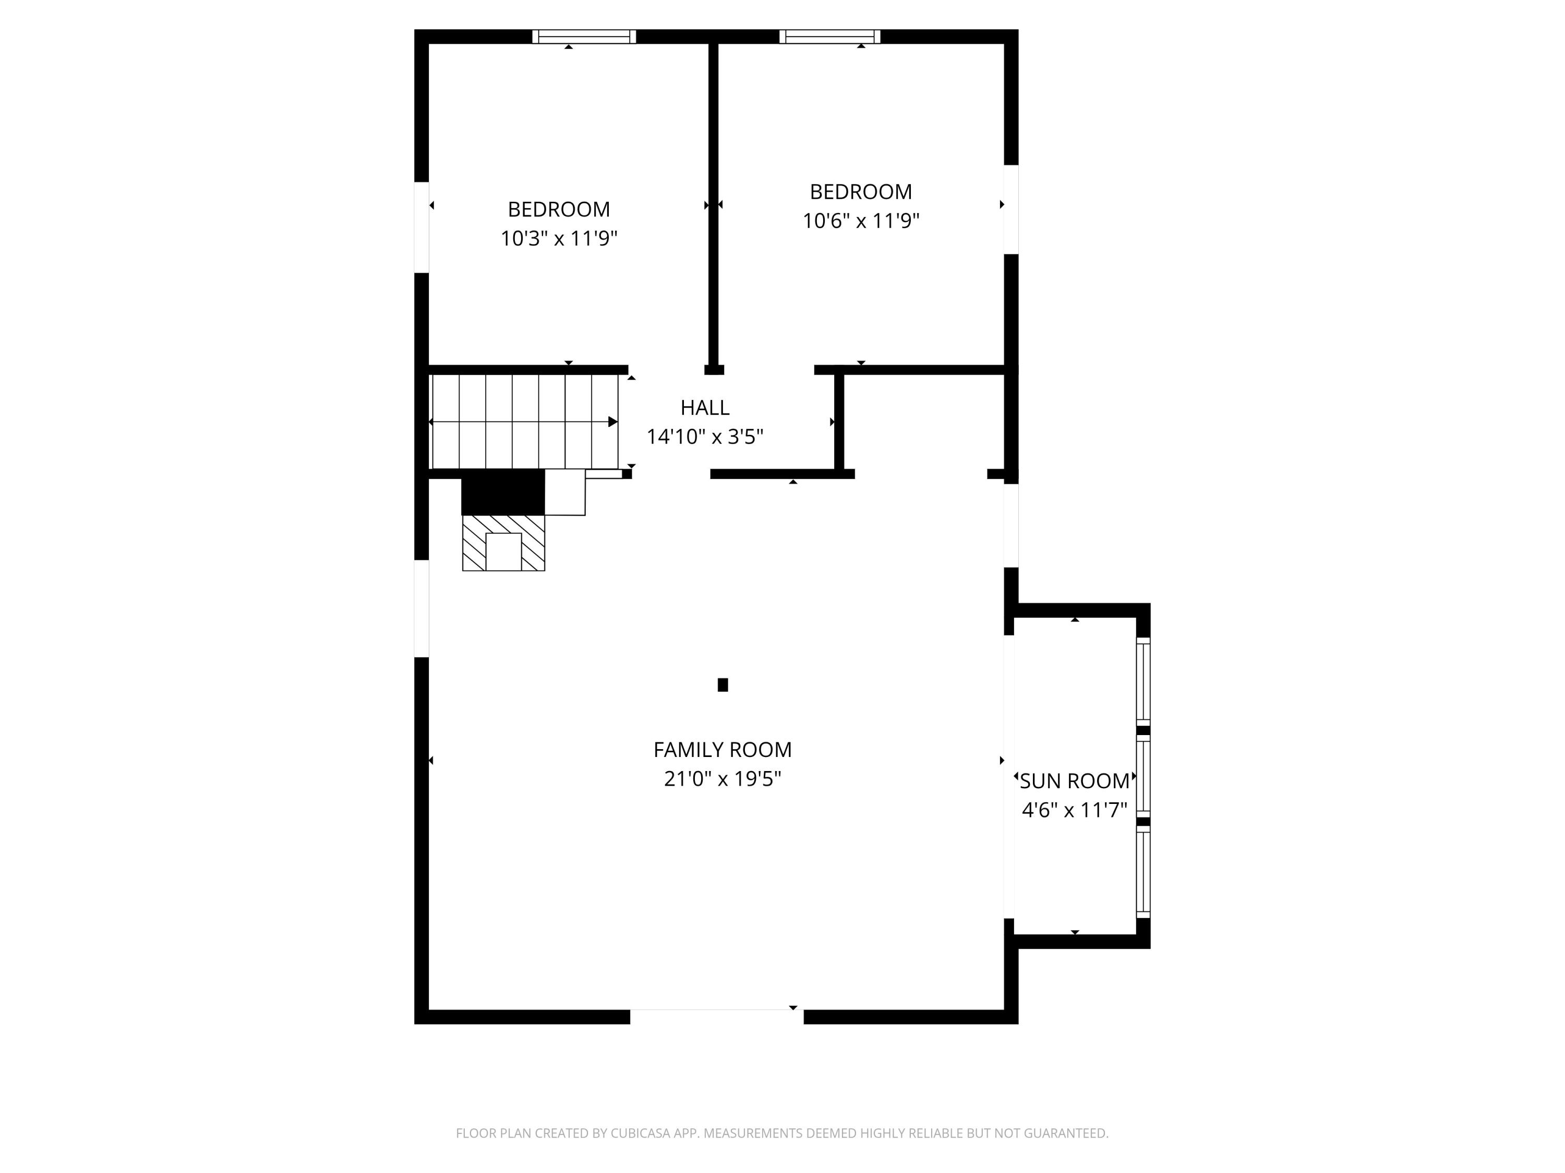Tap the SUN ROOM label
pos(1074,780)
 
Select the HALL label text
pos(705,407)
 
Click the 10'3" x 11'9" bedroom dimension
pos(559,238)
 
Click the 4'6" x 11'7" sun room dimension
pos(1074,810)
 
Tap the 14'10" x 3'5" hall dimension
pos(705,436)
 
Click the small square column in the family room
pos(723,685)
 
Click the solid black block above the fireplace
pos(502,492)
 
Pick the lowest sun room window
pos(1142,873)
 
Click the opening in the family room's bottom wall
pos(717,1016)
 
